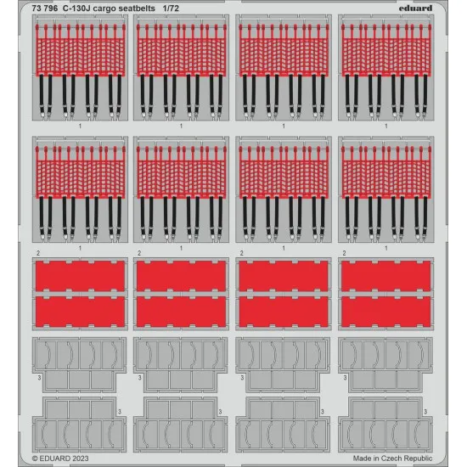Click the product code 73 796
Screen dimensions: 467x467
point(45,8)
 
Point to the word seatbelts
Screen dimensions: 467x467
point(137,8)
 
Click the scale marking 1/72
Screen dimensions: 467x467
point(171,8)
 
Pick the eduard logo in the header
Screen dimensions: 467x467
point(415,8)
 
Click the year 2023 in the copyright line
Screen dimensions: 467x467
point(80,459)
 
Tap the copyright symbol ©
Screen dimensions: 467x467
point(35,459)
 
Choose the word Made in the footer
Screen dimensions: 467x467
point(362,458)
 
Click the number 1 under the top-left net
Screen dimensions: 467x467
point(80,127)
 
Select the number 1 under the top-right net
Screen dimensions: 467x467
point(386,127)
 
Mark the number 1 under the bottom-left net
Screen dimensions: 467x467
point(80,248)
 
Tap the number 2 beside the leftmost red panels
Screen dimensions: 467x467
point(38,253)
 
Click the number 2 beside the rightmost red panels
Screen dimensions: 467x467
point(344,253)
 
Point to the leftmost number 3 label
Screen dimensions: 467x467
point(39,378)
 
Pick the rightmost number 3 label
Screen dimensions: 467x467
point(425,412)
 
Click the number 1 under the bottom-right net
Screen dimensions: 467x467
point(386,248)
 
